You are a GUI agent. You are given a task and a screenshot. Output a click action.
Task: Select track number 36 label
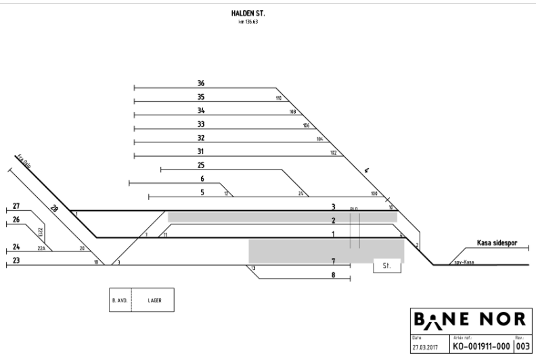coord(201,83)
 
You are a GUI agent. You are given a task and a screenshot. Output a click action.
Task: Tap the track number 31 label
coord(201,151)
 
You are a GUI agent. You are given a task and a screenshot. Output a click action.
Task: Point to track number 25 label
coord(201,165)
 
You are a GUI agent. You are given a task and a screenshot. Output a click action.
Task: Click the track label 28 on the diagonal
coord(55,209)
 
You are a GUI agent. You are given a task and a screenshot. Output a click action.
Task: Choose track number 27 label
coord(16,206)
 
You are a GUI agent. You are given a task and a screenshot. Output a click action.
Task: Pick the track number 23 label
coord(16,260)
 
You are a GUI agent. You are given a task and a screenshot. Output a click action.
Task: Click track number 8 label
coord(333,275)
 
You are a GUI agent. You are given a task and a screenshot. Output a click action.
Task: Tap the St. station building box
coord(387,266)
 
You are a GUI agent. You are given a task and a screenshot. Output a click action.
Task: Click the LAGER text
coord(155,299)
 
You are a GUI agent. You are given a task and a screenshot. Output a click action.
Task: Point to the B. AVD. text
coord(119,299)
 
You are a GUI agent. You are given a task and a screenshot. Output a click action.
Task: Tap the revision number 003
coord(523,346)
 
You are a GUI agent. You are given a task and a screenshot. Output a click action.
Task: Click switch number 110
coord(278,98)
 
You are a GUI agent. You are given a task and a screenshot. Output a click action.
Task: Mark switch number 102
coord(333,153)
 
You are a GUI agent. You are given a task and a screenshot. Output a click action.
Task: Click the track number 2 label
coord(333,220)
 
